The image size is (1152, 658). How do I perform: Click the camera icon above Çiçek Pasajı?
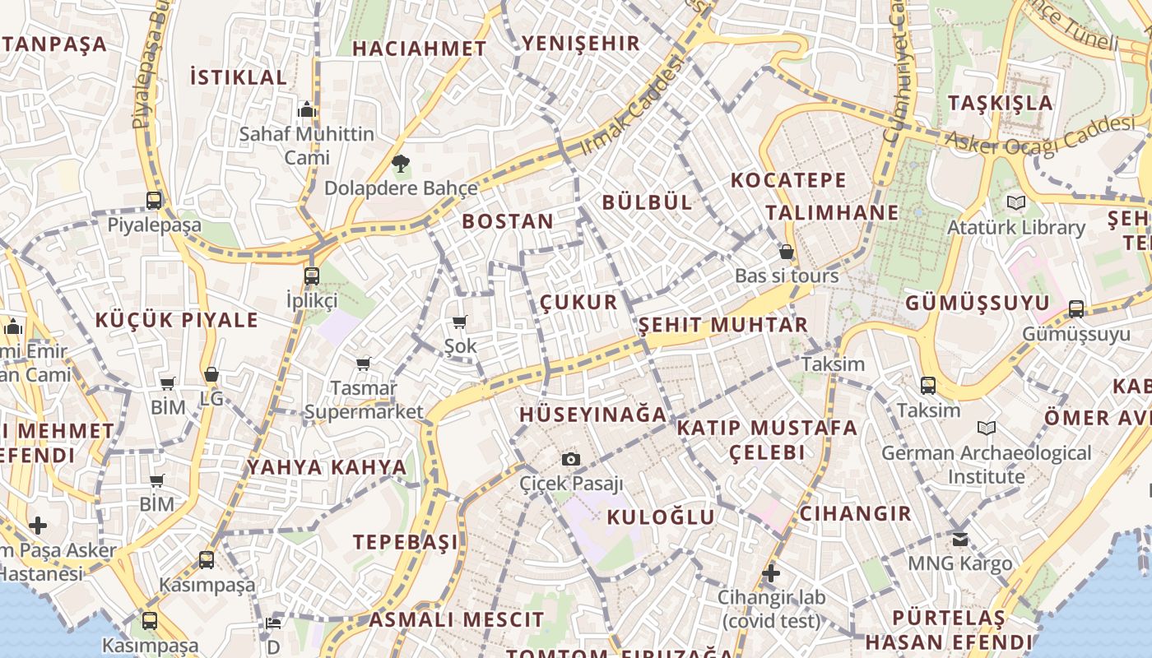pyautogui.click(x=570, y=459)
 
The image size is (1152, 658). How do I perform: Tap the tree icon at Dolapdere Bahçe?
pyautogui.click(x=401, y=163)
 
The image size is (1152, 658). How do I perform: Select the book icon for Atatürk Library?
pyautogui.click(x=1016, y=202)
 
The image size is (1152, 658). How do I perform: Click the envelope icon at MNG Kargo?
pyautogui.click(x=960, y=540)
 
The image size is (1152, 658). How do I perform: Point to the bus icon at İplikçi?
pyautogui.click(x=311, y=276)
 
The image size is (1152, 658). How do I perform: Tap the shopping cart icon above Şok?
pyautogui.click(x=459, y=322)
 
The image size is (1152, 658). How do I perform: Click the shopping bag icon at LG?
pyautogui.click(x=211, y=374)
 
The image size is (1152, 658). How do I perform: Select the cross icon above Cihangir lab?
pyautogui.click(x=770, y=572)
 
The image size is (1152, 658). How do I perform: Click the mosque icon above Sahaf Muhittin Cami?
pyautogui.click(x=307, y=109)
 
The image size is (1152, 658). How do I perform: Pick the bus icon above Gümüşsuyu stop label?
pyautogui.click(x=1075, y=309)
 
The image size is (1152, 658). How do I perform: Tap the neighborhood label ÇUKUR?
pyautogui.click(x=578, y=302)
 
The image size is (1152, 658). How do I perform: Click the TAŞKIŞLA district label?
pyautogui.click(x=1000, y=103)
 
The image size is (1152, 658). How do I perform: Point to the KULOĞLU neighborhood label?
pyautogui.click(x=661, y=517)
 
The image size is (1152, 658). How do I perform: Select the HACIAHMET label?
pyautogui.click(x=420, y=49)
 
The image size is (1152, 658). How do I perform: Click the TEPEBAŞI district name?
pyautogui.click(x=406, y=542)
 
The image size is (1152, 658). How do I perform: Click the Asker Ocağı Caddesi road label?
pyautogui.click(x=1039, y=134)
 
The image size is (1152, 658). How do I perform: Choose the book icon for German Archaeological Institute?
pyautogui.click(x=986, y=428)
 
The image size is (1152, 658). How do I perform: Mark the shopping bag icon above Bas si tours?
pyautogui.click(x=787, y=252)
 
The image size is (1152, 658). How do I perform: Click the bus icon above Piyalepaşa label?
pyautogui.click(x=154, y=200)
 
